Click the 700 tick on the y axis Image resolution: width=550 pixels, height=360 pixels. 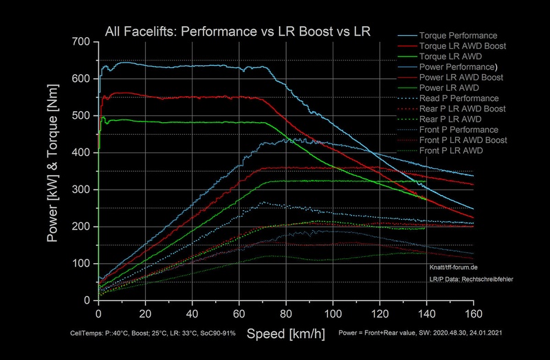tap(82, 42)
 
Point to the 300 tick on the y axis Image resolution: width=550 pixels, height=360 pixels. tap(82, 190)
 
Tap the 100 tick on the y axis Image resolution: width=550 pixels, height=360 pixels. tap(82, 264)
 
